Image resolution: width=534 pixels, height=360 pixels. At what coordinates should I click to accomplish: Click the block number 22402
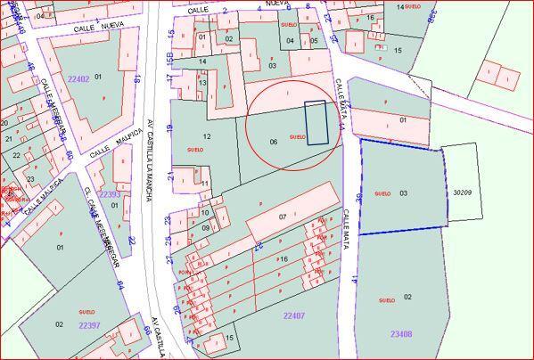78,79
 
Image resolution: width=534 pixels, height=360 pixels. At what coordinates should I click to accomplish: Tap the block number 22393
109,194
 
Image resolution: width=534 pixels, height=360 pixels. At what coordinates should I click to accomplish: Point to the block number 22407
294,315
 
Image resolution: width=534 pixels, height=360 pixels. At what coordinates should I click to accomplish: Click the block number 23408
401,334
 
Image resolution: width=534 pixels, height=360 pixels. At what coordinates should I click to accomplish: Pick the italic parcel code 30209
462,192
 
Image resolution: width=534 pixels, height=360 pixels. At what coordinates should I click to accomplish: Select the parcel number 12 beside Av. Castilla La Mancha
207,136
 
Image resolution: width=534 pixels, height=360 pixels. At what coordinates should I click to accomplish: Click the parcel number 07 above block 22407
283,217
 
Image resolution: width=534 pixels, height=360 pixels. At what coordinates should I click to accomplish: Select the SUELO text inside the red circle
298,136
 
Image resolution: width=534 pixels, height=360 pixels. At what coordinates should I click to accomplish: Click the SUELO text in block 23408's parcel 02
387,300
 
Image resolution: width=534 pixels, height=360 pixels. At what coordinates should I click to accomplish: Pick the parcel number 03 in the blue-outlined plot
404,192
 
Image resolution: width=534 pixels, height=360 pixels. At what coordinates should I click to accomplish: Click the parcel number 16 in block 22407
283,258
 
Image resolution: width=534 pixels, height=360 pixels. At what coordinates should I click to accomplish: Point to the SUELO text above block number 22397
86,312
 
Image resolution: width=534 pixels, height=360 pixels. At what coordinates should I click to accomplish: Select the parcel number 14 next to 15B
203,61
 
